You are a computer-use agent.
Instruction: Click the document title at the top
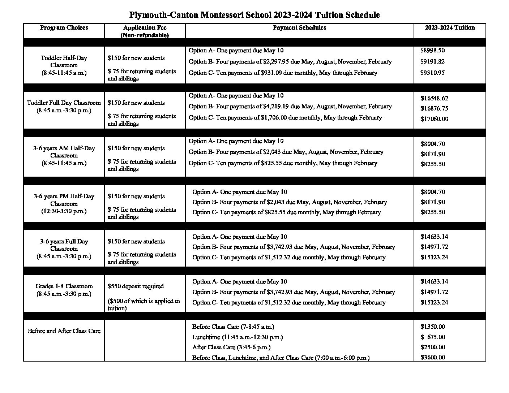pos(254,15)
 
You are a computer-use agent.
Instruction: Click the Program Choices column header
pos(64,27)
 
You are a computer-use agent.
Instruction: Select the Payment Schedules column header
pos(299,27)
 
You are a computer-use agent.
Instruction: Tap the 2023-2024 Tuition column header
pos(450,27)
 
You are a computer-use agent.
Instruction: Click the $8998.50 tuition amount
pos(433,51)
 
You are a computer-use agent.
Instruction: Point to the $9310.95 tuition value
pos(433,73)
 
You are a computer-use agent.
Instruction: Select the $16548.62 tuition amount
pos(434,98)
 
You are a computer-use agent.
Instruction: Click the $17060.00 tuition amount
pos(434,119)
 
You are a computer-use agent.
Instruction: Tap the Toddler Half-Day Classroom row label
pos(64,65)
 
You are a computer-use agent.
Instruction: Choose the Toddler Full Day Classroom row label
pos(64,107)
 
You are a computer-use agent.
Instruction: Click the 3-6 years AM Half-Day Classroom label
pos(64,155)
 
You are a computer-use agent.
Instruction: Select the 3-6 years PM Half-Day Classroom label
pos(64,204)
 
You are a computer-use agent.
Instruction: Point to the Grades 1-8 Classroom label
pos(64,290)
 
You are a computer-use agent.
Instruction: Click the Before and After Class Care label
pos(64,331)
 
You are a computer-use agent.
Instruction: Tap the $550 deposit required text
pos(136,286)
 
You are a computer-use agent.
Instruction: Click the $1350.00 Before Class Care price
pos(433,327)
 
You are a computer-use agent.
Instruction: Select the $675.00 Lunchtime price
pos(433,337)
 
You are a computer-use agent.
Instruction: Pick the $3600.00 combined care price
pos(433,358)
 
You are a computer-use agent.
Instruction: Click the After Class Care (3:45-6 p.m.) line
pos(231,347)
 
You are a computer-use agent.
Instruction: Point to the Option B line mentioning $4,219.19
pos(290,107)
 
